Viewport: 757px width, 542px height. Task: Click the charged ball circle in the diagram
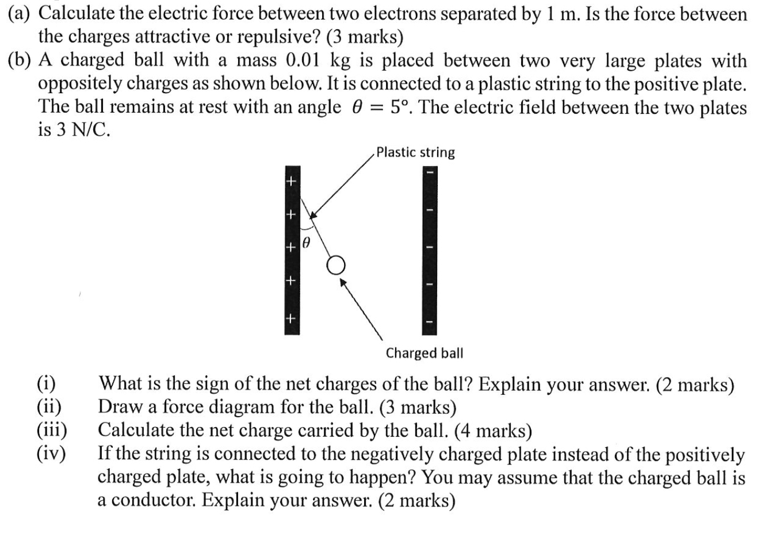[337, 264]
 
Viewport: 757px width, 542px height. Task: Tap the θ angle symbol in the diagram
[307, 243]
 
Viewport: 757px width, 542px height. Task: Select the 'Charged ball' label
[425, 352]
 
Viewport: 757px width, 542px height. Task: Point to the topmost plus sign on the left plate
[291, 182]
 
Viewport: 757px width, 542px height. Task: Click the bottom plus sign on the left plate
[291, 317]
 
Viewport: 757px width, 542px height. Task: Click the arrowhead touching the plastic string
[313, 216]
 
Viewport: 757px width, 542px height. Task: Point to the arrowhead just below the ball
[343, 281]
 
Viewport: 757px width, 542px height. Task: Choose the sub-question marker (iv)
[51, 453]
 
